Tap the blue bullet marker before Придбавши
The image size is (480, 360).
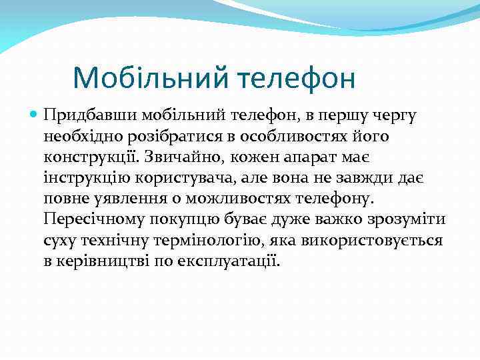pyautogui.click(x=34, y=115)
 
